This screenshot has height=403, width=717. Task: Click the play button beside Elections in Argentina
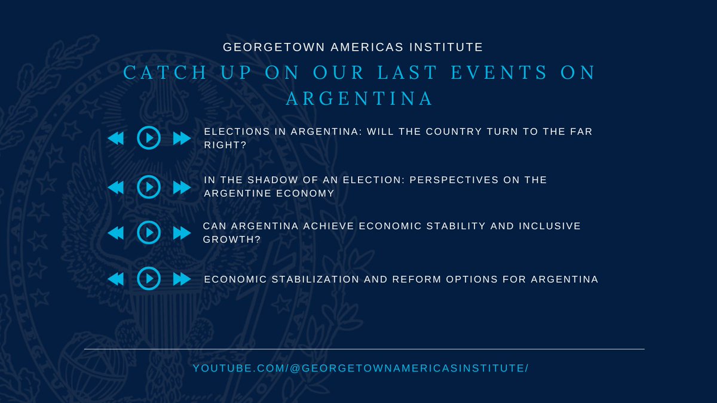(x=149, y=139)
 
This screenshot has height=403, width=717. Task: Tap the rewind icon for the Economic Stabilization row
(x=115, y=279)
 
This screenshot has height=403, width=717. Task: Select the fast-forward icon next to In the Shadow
(x=182, y=187)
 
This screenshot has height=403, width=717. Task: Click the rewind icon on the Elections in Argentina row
(x=115, y=139)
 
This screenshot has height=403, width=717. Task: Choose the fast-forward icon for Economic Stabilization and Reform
(x=182, y=279)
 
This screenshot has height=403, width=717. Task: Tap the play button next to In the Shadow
(x=149, y=187)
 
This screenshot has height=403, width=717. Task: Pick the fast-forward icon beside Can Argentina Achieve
(x=182, y=232)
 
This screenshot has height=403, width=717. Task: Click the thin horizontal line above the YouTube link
(x=364, y=349)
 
